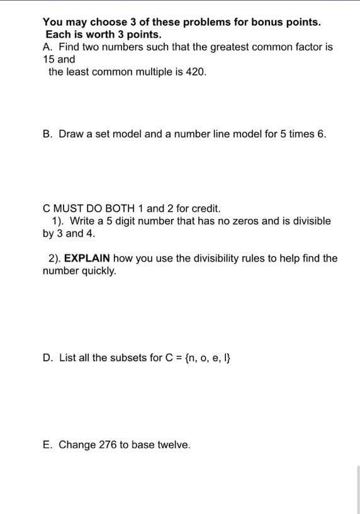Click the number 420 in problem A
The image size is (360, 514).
(195, 72)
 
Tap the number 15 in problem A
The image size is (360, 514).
(48, 59)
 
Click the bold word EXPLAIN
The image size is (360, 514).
(88, 259)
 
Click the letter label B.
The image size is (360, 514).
(47, 134)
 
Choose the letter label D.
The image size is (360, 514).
(47, 358)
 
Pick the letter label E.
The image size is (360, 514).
(47, 445)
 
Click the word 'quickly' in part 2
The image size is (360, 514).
(99, 271)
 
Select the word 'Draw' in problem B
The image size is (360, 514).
(72, 134)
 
